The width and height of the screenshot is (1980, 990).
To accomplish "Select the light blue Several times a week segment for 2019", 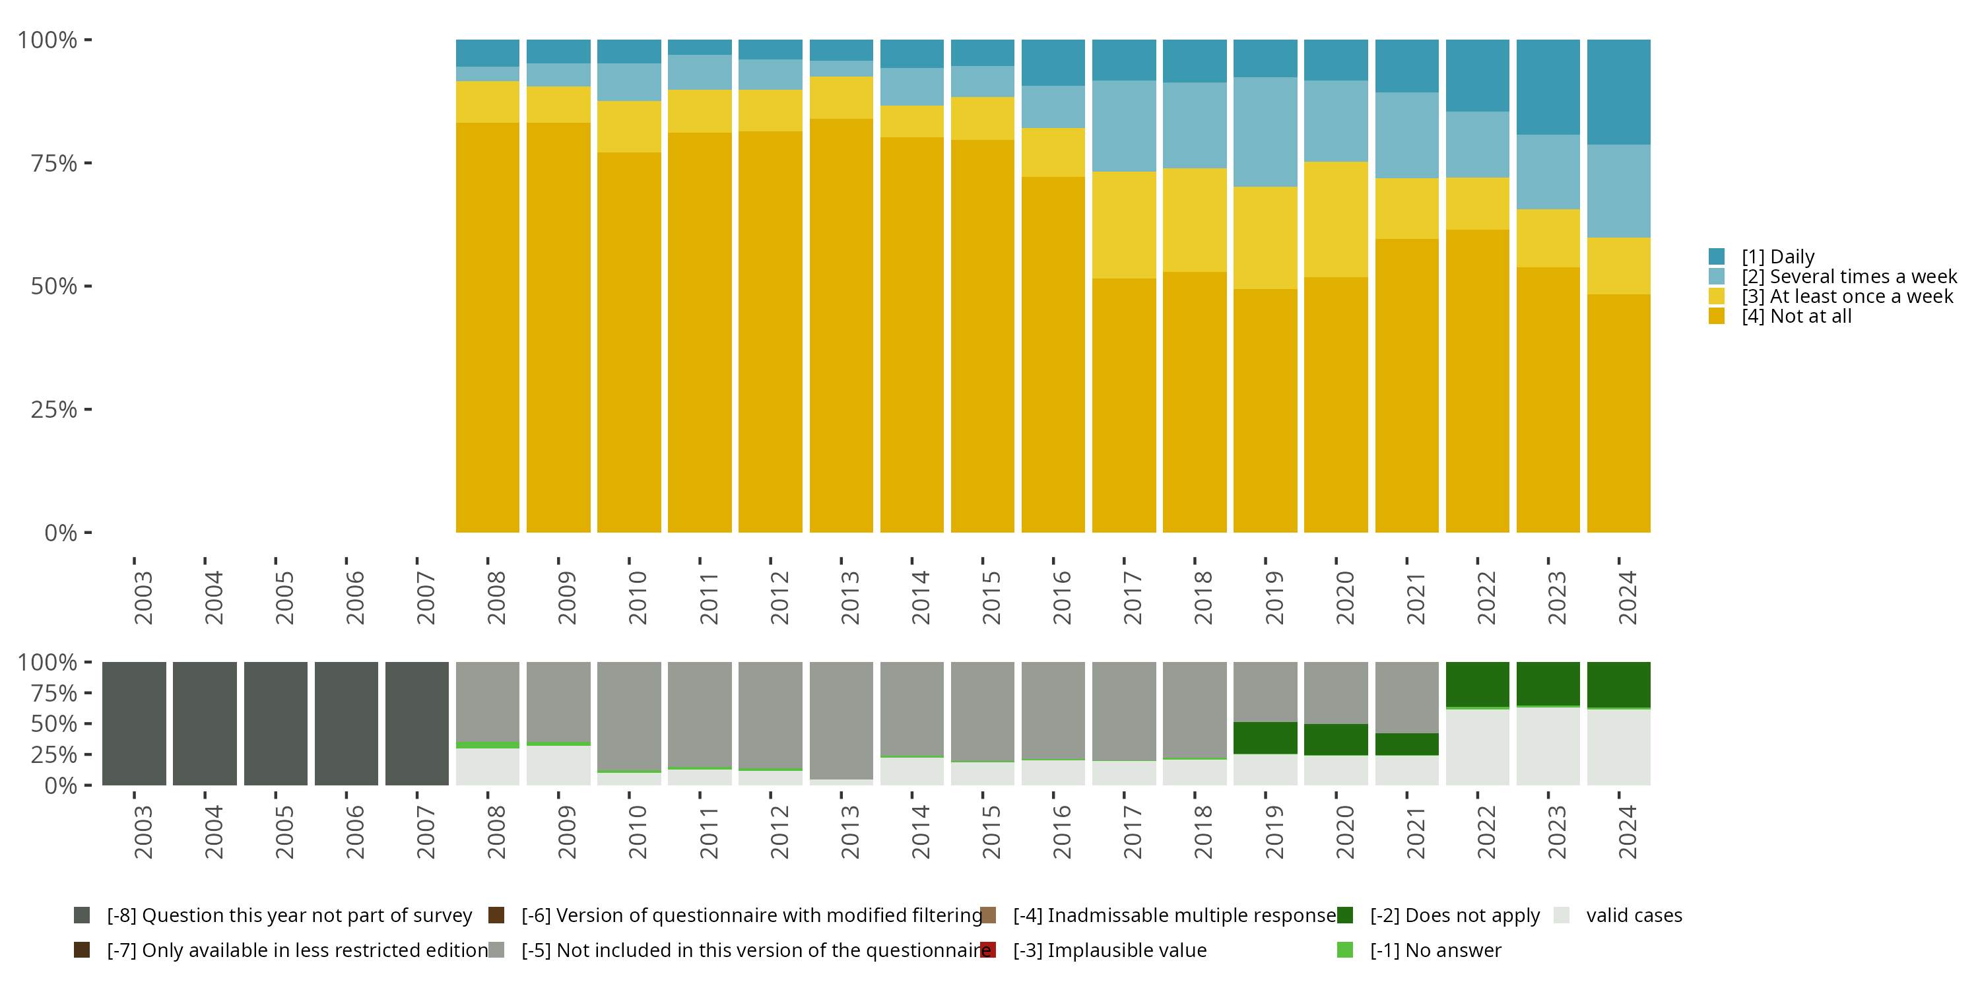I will [x=1265, y=131].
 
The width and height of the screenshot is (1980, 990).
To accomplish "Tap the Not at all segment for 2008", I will [x=487, y=327].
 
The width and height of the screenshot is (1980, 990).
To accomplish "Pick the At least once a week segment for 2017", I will [x=1124, y=224].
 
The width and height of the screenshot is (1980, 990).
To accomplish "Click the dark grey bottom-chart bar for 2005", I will [x=275, y=723].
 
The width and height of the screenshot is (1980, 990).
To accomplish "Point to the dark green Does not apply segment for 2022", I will [x=1477, y=683].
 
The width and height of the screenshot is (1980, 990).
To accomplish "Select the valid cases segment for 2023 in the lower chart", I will [x=1548, y=746].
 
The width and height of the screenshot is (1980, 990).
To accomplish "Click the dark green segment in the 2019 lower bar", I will [x=1265, y=738].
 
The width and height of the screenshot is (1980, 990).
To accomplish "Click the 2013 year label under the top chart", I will [x=849, y=598].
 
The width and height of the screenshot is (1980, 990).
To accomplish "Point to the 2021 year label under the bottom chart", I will [x=1415, y=832].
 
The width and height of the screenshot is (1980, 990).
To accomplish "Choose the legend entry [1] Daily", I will [x=1777, y=257].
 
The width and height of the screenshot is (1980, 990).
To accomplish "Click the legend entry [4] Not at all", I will [x=1795, y=317].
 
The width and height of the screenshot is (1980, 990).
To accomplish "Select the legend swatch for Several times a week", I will [x=1717, y=277].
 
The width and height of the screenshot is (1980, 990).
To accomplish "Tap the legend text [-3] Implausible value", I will [x=1109, y=950].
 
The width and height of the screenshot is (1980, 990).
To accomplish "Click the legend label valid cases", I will [x=1633, y=915].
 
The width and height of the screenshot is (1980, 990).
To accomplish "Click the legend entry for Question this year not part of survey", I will [x=288, y=915].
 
